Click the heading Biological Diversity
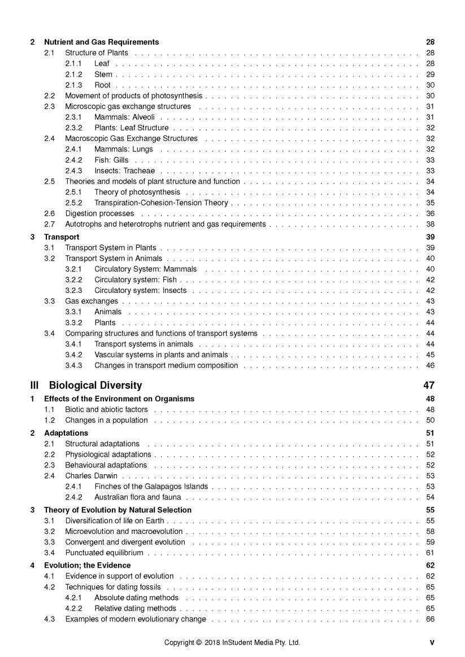pos(95,386)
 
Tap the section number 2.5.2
pos(73,203)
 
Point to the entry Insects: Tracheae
pos(124,170)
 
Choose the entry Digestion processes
pos(99,213)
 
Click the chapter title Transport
pos(62,236)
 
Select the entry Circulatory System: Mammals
pos(145,269)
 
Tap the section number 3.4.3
pos(73,365)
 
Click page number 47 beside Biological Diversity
pos(428,386)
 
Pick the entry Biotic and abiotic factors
pos(106,409)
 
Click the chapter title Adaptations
pos(66,433)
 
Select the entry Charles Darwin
pos(91,476)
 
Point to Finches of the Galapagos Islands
pos(151,487)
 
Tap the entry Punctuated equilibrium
pos(104,553)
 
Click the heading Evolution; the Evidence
pos(87,565)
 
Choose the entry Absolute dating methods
pos(136,597)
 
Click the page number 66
pos(430,619)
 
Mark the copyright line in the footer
pos(232,642)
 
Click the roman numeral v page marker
pos(432,642)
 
